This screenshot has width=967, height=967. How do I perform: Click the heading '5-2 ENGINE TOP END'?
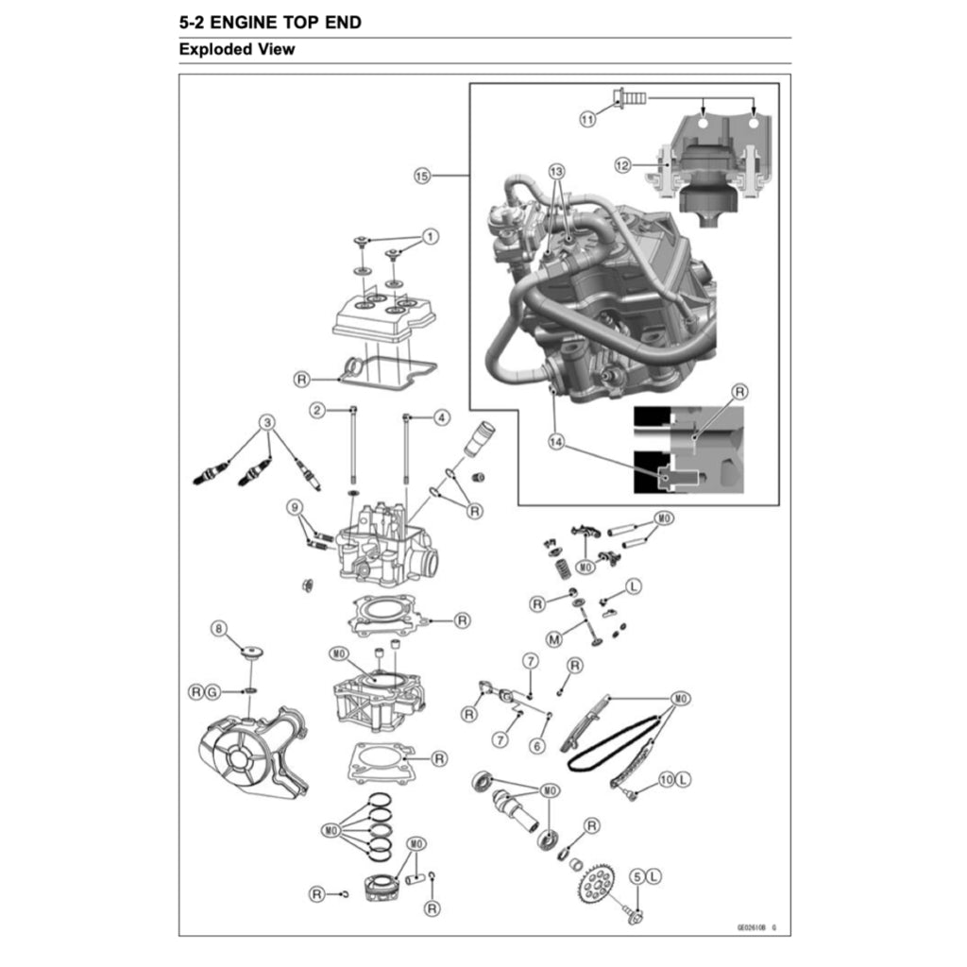tap(269, 22)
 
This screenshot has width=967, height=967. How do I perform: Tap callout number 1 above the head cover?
tap(430, 236)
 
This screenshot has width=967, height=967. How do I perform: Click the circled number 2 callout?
tap(318, 410)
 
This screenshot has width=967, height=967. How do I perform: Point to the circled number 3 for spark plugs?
tap(268, 422)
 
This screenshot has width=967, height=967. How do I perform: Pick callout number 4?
tap(442, 416)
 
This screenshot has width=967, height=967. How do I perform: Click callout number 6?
tap(537, 745)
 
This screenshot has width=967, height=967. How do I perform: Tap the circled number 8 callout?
tap(219, 628)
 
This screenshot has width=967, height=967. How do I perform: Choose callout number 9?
tap(296, 508)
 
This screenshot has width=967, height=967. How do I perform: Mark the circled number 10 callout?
tap(666, 779)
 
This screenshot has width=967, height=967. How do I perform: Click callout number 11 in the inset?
tap(587, 119)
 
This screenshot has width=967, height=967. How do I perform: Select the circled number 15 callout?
tap(422, 176)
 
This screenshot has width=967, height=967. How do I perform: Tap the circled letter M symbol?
tap(553, 639)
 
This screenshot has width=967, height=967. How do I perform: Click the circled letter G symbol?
tap(212, 692)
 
